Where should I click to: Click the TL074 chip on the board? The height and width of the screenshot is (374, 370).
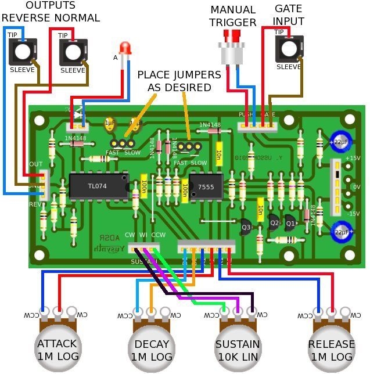coord(98,185)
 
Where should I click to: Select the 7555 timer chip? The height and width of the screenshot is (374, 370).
coord(206,188)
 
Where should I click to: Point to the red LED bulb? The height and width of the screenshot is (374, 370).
coord(125,48)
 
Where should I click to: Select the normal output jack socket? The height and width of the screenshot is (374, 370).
coord(73,52)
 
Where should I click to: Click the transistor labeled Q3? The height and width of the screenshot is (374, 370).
coord(244,227)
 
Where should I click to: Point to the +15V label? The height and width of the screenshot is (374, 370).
coord(353,158)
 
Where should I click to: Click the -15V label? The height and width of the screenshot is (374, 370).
coord(353,214)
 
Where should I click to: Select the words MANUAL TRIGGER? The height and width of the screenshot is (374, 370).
coord(233,16)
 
